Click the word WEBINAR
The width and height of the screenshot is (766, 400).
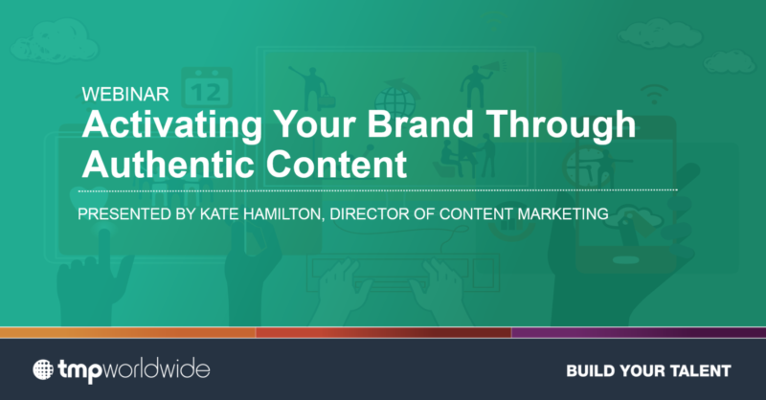coord(125,96)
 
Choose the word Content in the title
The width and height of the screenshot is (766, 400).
coord(329,164)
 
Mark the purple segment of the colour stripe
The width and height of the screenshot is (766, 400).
coord(638,332)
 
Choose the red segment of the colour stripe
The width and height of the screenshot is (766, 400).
coord(383,332)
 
